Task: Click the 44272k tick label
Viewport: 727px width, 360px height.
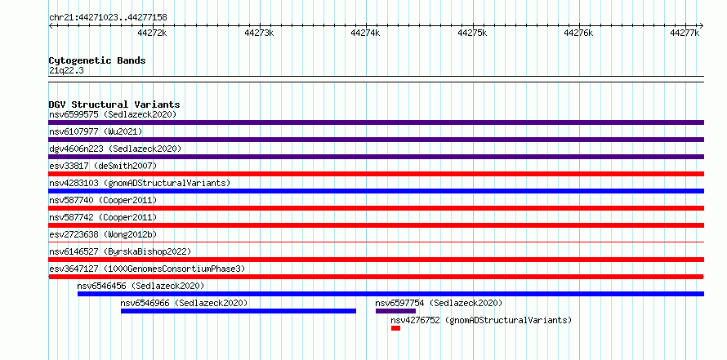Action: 152,33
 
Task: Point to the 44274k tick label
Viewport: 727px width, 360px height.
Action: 365,33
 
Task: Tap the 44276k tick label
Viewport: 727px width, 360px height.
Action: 578,33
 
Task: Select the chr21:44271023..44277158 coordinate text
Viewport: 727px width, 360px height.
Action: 108,18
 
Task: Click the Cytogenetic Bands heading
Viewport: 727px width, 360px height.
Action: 97,60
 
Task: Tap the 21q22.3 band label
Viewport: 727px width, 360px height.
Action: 66,71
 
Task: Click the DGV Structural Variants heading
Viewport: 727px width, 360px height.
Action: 114,104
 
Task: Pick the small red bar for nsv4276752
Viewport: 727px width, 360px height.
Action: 395,328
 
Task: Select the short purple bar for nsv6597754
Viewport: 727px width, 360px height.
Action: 395,311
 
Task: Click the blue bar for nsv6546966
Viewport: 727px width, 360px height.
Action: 239,311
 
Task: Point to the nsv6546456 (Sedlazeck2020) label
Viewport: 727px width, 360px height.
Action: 140,286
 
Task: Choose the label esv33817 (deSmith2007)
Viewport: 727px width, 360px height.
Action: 103,166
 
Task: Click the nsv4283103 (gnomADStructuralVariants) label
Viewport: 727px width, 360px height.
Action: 140,183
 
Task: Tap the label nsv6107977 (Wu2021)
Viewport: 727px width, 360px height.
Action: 96,131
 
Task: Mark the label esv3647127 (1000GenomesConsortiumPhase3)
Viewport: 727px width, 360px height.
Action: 147,269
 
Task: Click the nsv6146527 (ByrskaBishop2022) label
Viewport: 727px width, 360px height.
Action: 120,251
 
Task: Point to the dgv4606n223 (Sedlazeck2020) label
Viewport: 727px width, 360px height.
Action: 115,149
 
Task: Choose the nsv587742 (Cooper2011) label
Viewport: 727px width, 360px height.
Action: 103,217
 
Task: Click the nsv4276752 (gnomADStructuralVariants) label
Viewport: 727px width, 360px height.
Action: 481,320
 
